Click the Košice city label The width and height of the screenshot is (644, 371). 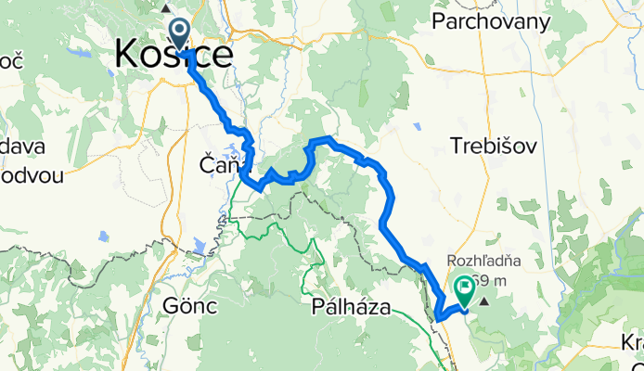pos(174,55)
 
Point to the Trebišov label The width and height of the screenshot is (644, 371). pos(487,145)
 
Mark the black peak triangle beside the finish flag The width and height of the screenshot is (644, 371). pos(483,301)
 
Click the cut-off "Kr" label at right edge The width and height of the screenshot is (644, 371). pos(634,342)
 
